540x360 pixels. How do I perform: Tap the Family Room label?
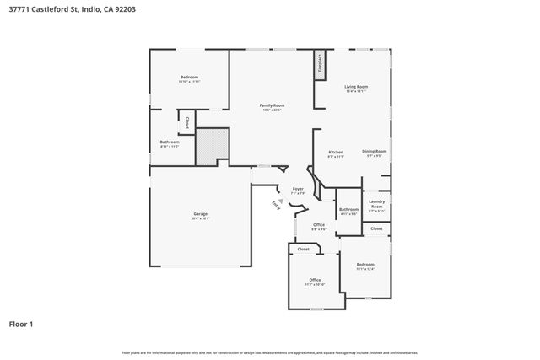coord(271,105)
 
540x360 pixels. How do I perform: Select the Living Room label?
coord(356,87)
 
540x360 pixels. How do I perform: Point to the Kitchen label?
coord(335,153)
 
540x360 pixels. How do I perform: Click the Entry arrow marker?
coord(276,203)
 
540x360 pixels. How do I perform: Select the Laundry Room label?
coord(377,203)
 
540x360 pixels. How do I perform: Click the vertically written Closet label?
coord(186,121)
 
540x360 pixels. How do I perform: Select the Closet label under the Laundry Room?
coord(376,228)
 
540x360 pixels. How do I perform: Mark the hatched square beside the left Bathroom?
coord(212,146)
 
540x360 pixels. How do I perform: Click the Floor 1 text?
coord(21,324)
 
